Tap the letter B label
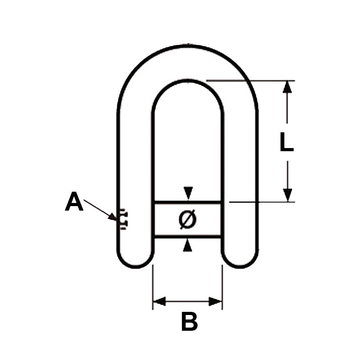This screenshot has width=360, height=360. pos(189,322)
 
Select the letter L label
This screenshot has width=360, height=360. pos(286,143)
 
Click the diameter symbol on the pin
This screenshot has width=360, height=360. pos(187,219)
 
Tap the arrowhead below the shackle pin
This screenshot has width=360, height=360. pos(188,246)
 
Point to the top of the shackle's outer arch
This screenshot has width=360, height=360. pos(188,45)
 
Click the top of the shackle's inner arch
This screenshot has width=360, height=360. pos(188,81)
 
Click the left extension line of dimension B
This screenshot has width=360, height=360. pos(153,283)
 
